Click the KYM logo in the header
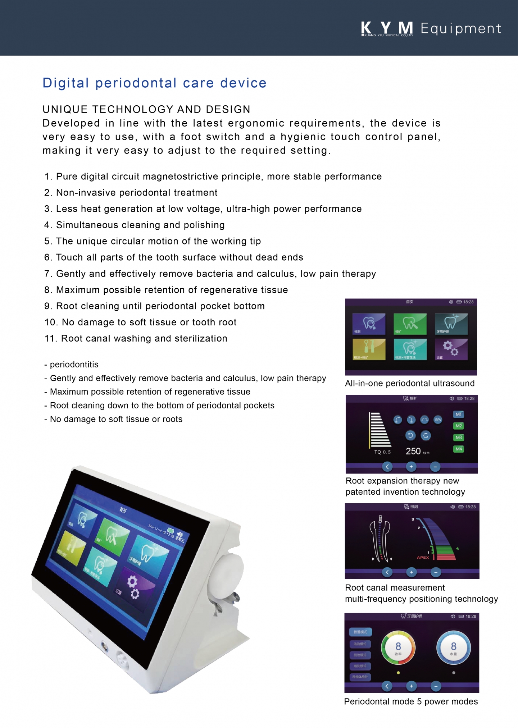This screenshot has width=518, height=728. pyautogui.click(x=387, y=28)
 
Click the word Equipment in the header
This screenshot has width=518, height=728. pyautogui.click(x=461, y=28)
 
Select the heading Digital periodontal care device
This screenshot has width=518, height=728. pyautogui.click(x=154, y=83)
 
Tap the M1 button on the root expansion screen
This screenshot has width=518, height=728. pyautogui.click(x=459, y=415)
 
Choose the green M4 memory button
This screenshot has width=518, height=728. pyautogui.click(x=459, y=449)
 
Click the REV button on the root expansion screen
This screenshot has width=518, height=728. pyautogui.click(x=438, y=420)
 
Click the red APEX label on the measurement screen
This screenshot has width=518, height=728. pyautogui.click(x=423, y=558)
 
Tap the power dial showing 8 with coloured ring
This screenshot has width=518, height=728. pyautogui.click(x=398, y=647)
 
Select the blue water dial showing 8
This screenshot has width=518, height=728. pyautogui.click(x=453, y=647)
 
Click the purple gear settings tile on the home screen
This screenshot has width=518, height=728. pyautogui.click(x=451, y=349)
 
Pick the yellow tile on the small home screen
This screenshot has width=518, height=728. pyautogui.click(x=369, y=349)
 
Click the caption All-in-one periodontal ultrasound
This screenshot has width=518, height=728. pyautogui.click(x=410, y=384)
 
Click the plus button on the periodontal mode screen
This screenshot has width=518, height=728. pyautogui.click(x=411, y=686)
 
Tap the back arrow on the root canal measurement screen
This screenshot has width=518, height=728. pyautogui.click(x=387, y=572)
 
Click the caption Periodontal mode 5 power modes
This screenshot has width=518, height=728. pyautogui.click(x=411, y=702)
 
